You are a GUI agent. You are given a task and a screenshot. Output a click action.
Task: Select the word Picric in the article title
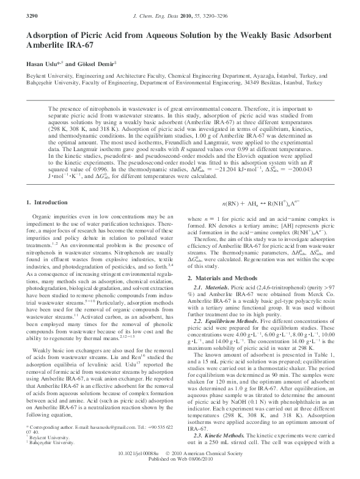pos(97,36)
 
